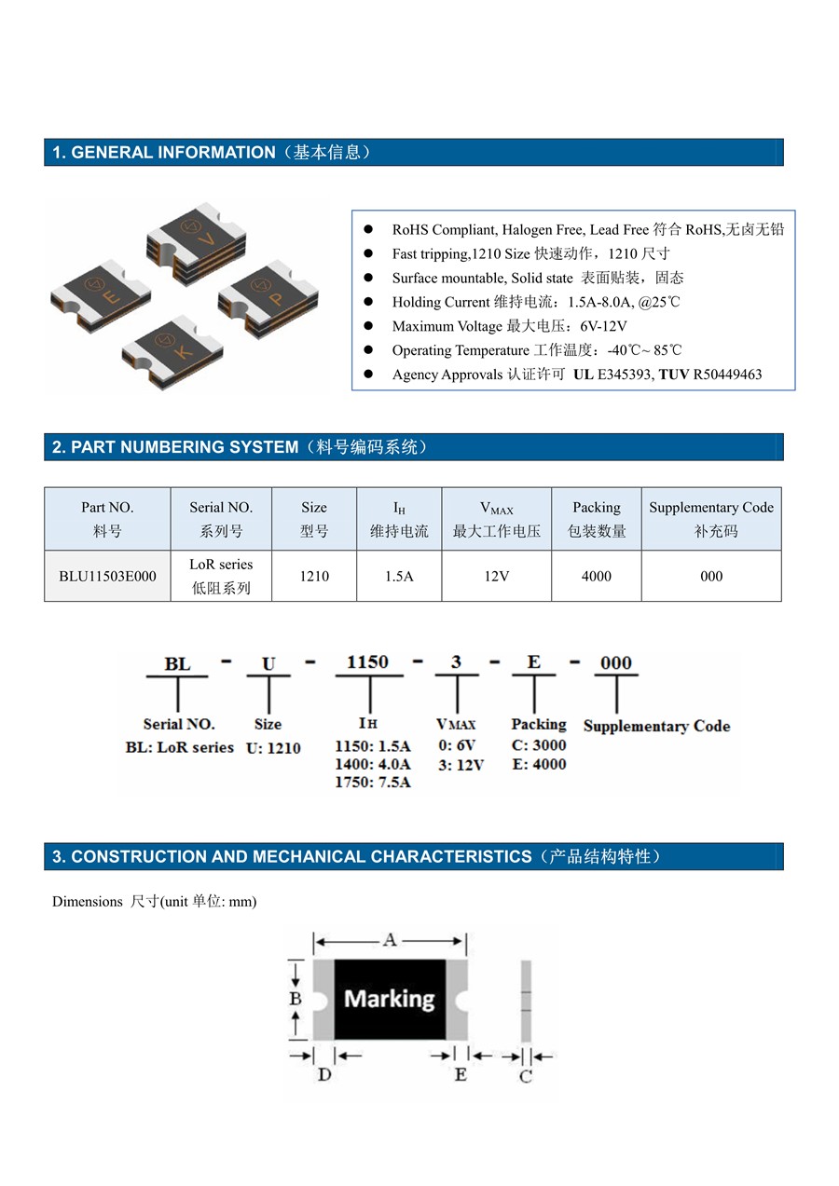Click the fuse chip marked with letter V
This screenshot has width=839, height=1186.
(196, 242)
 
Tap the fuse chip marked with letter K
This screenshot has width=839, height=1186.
(172, 352)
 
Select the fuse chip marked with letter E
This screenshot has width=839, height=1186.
(101, 296)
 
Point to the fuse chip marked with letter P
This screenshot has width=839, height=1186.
(268, 298)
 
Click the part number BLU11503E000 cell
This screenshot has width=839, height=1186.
(107, 576)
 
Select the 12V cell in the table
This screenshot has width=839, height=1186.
(496, 576)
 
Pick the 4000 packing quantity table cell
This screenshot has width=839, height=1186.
(597, 576)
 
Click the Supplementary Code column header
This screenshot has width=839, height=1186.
(711, 519)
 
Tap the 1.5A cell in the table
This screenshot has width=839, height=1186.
(399, 576)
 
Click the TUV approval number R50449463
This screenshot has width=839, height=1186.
(727, 375)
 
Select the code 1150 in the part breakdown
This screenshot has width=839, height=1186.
(367, 662)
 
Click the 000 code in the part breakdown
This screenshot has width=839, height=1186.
(616, 663)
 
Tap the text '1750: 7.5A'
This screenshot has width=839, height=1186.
(372, 782)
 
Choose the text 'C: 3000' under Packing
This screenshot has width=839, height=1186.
(539, 745)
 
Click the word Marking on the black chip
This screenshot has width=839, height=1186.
(390, 999)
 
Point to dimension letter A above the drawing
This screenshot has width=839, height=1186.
(390, 940)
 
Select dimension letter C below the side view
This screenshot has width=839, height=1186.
(526, 1076)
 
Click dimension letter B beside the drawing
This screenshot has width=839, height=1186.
(296, 999)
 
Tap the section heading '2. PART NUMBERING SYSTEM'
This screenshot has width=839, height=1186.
(175, 447)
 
